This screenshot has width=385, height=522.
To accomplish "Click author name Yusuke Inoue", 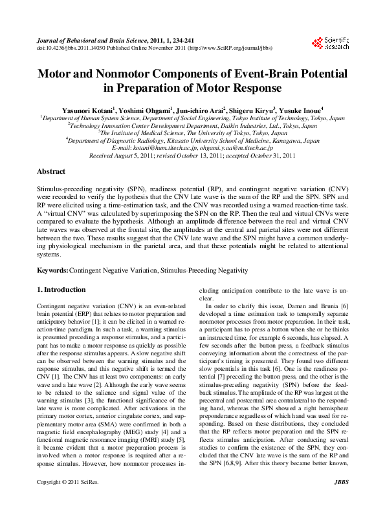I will tap(302, 110).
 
